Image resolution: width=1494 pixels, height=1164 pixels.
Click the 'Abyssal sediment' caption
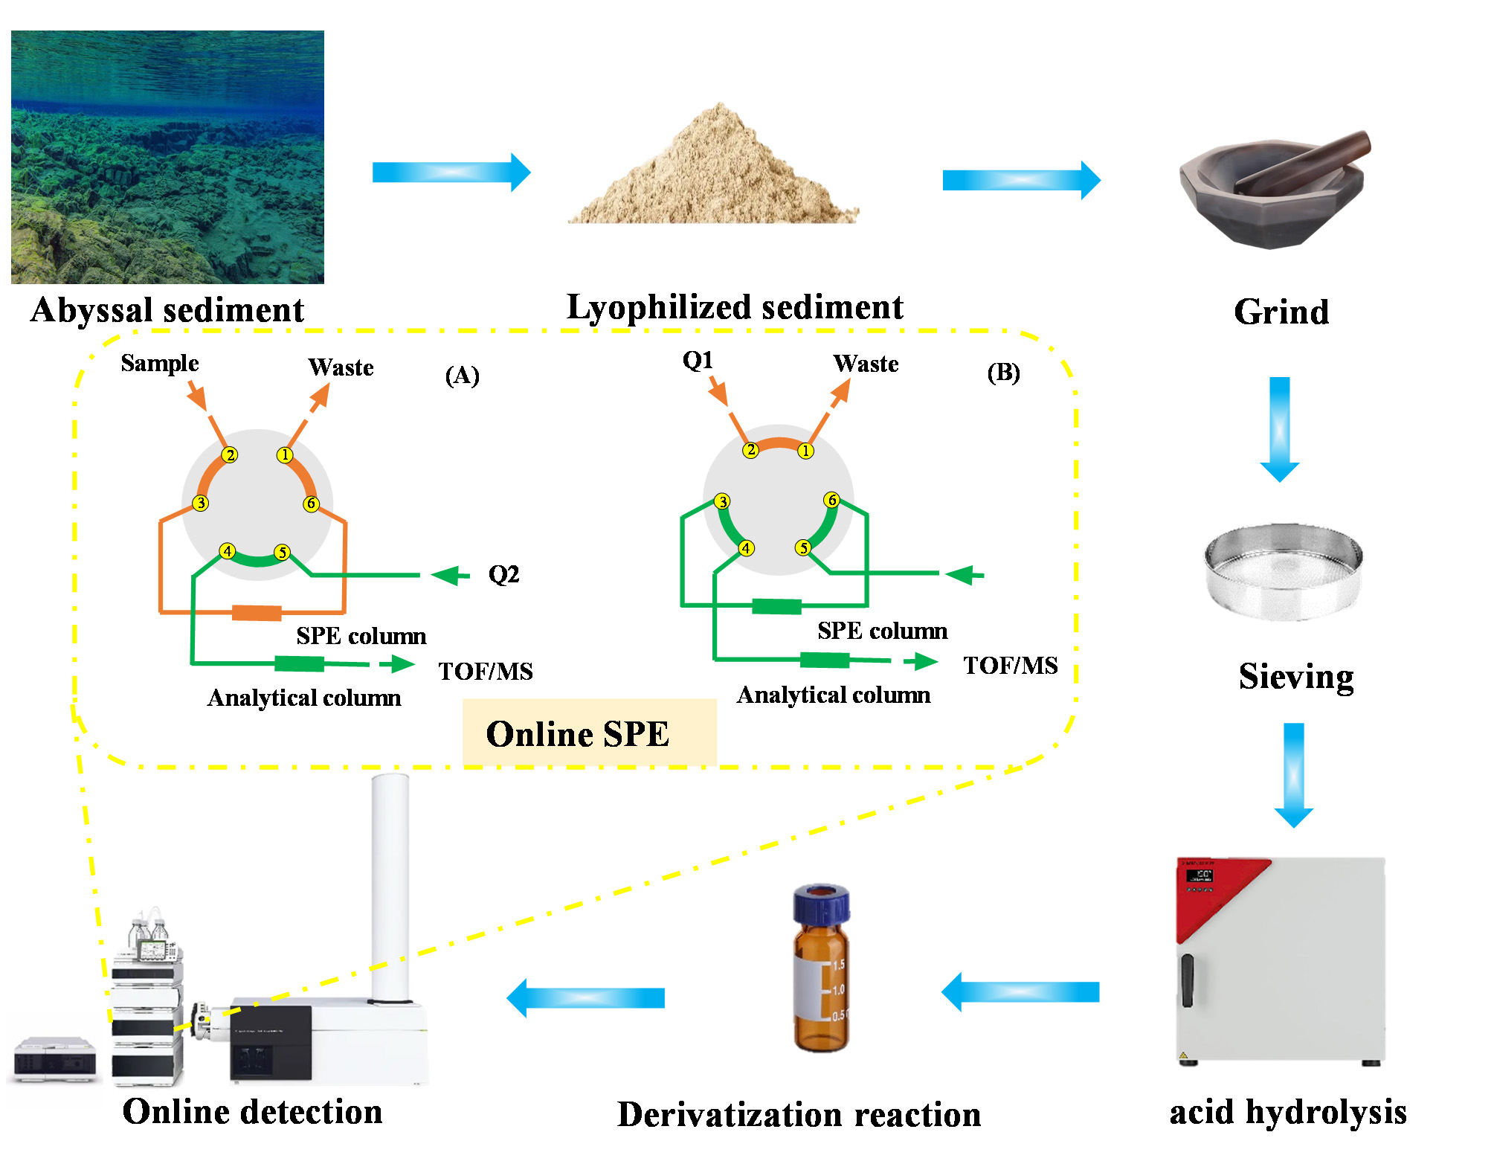point(167,309)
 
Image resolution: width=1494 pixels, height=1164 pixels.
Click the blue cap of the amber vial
point(821,904)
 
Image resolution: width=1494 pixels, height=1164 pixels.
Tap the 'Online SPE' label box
point(588,733)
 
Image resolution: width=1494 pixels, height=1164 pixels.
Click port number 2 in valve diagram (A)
point(230,455)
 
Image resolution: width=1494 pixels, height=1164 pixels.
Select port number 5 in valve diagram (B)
point(802,548)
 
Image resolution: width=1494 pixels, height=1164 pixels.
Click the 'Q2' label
point(503,574)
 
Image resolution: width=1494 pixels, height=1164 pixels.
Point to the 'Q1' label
point(698,361)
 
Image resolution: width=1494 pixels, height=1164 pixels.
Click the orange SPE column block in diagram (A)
point(257,613)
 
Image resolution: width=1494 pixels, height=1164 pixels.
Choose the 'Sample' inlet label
point(160,363)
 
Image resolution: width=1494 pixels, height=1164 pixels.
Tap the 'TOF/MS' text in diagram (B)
point(1010,665)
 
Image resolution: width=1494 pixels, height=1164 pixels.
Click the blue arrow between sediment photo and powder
point(451,173)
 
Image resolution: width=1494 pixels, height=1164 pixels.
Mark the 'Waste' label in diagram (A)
point(341,367)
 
